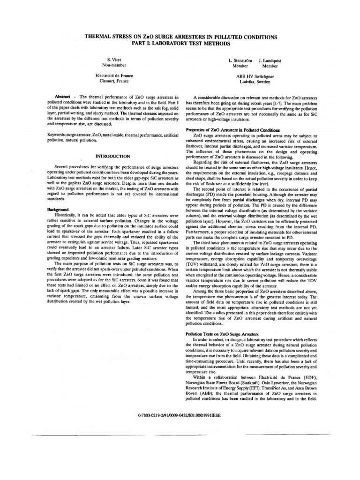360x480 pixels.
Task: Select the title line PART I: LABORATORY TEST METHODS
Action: [x=180, y=43]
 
